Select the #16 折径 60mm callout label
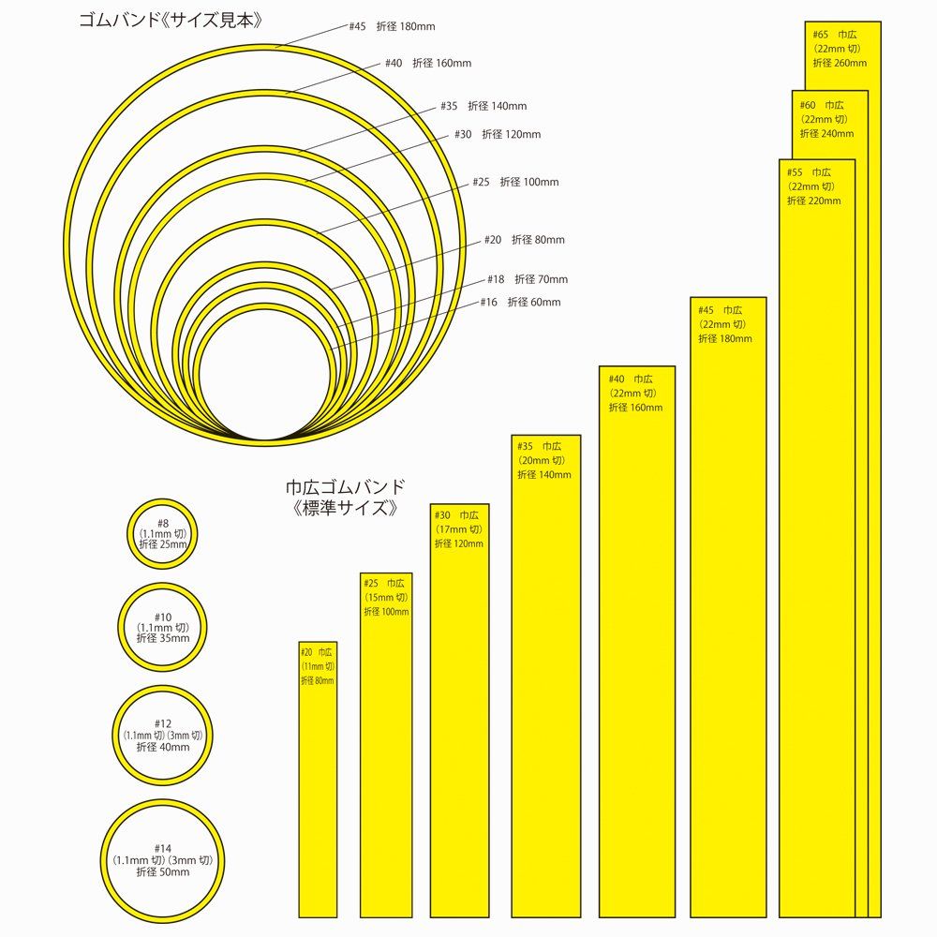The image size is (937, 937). pos(520,303)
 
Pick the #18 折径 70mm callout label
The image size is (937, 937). pos(527,279)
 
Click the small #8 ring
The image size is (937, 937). pos(162,534)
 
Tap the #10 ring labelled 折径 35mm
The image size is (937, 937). pos(162,627)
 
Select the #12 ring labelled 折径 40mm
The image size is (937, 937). pos(162,736)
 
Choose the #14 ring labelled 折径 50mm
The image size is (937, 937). pos(162,860)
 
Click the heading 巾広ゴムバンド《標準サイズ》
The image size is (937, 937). pos(346,498)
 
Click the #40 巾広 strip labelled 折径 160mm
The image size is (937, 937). pos(636,656)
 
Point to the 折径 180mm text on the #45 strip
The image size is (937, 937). pos(724,339)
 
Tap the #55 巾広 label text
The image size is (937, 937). pos(809,173)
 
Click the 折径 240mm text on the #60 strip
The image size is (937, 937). pos(826,134)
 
